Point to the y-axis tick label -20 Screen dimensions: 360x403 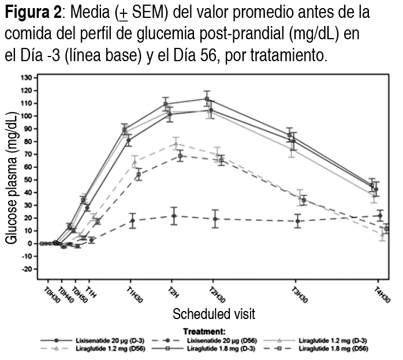tap(26, 269)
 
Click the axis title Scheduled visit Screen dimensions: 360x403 tap(214, 314)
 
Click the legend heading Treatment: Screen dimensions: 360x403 tap(204, 332)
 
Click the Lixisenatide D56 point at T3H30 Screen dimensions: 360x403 tap(298, 221)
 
